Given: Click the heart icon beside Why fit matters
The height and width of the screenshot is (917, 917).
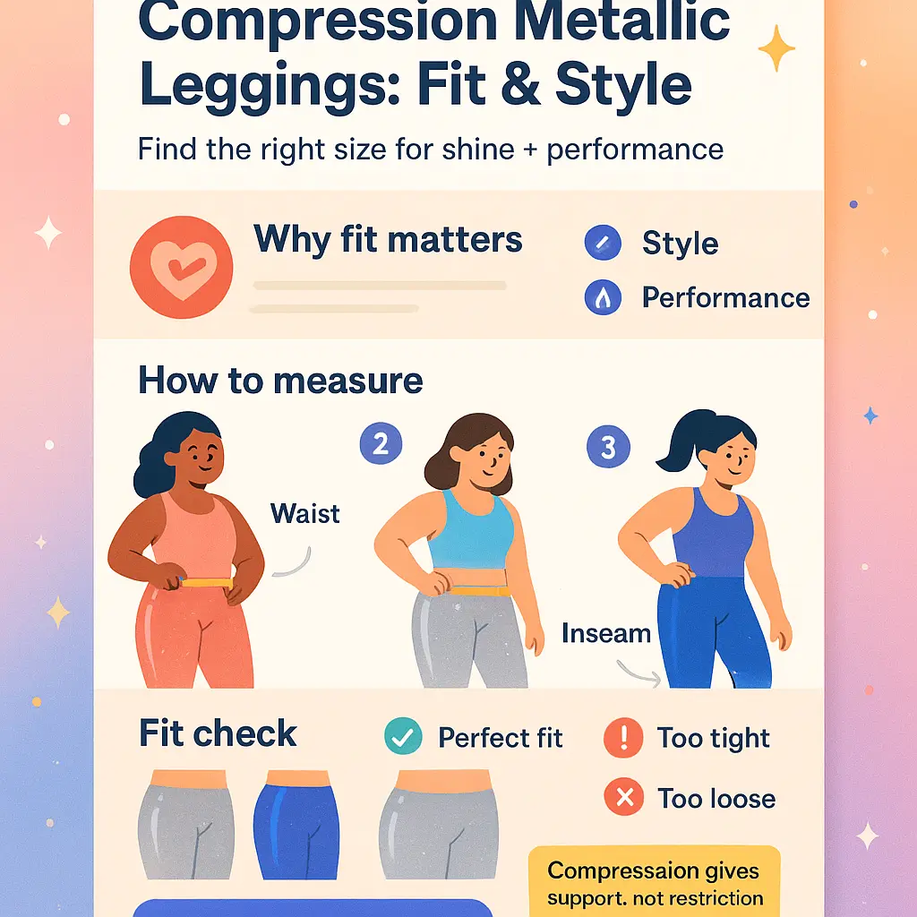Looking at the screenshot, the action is (181, 267).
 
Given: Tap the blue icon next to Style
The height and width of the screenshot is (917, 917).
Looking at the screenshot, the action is (603, 242).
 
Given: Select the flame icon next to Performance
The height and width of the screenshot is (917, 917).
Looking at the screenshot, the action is (603, 297).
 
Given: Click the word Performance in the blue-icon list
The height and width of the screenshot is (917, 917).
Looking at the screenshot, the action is (725, 297).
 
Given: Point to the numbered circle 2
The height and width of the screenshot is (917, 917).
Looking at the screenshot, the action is (381, 443).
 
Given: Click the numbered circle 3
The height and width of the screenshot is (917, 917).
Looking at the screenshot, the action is (608, 447).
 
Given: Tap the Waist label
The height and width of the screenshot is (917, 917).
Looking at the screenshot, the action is (304, 514).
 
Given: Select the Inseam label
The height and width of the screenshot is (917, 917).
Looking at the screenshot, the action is (606, 633).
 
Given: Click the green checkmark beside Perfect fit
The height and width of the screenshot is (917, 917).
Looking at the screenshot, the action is (403, 736).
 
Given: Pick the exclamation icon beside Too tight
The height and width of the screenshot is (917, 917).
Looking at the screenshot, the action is (623, 738).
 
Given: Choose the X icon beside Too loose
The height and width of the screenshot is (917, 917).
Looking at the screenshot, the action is (624, 796).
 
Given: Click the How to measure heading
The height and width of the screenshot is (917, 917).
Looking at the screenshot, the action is (280, 381).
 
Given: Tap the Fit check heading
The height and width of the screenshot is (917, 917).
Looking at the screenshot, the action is (218, 733).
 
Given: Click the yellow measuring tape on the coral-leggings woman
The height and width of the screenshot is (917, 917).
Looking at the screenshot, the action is (207, 582).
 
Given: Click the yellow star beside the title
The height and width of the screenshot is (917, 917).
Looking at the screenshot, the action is (776, 48).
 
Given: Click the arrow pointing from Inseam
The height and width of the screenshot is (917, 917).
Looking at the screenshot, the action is (638, 674).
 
